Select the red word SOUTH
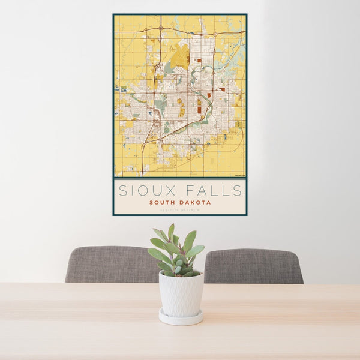point(164,203)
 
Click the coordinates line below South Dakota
point(179,210)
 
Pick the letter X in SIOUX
point(170,191)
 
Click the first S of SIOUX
point(122,191)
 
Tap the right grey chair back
point(253,266)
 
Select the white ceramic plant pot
point(181,293)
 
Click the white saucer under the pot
point(181,318)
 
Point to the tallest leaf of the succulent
point(171,230)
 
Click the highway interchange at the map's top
point(161,28)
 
